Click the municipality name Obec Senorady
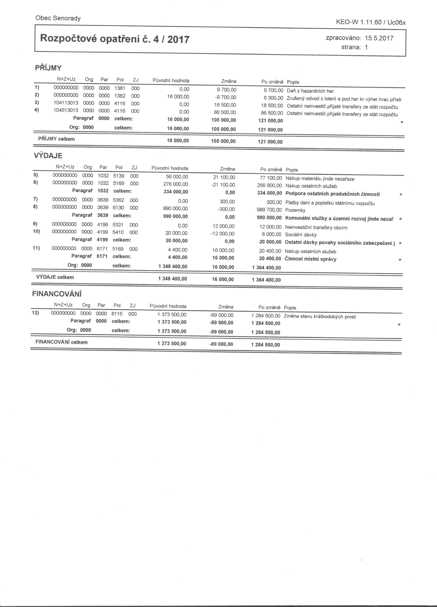[x=58, y=18]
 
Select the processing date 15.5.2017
[x=379, y=38]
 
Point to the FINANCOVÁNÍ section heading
[x=57, y=294]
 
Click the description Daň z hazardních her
[x=310, y=91]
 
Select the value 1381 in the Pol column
[x=120, y=88]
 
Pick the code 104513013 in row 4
[x=66, y=111]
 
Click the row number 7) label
[x=36, y=199]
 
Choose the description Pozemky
[x=295, y=210]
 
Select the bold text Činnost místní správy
[x=310, y=259]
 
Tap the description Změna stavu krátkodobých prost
[x=320, y=317]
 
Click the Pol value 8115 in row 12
[x=117, y=314]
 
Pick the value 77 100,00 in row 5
[x=271, y=178]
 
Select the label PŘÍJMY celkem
[x=56, y=139]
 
